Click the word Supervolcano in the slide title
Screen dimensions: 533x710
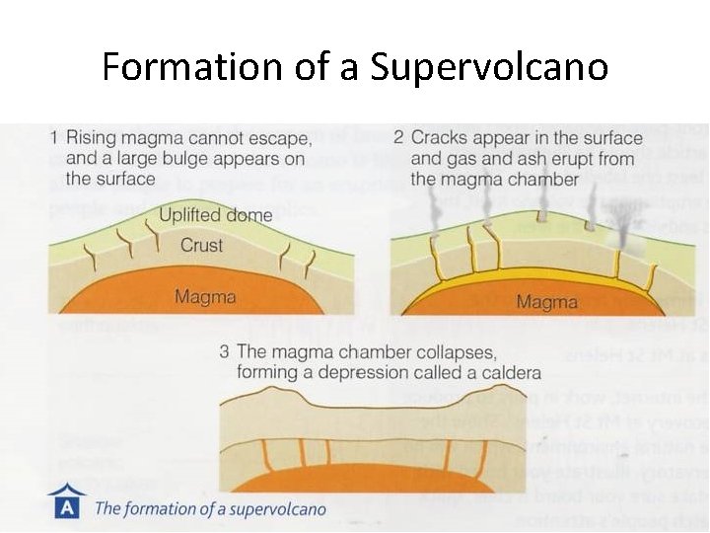489,68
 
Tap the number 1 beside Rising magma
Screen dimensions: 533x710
55,137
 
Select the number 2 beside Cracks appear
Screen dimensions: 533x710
398,137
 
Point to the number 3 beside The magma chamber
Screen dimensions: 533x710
225,351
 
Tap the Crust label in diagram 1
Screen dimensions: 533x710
201,245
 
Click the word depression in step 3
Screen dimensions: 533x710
357,372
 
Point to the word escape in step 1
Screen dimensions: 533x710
285,137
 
